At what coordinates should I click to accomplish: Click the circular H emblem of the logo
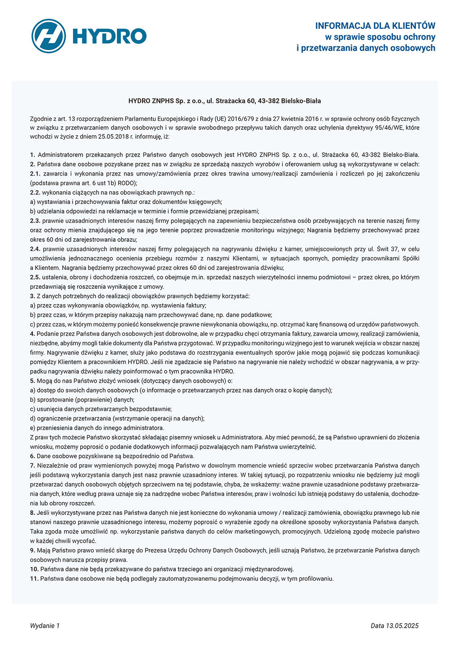tap(49, 36)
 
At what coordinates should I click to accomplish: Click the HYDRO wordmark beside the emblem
tap(110, 36)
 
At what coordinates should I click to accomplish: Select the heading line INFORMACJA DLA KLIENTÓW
tap(375, 26)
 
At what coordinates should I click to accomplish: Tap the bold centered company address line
tap(225, 101)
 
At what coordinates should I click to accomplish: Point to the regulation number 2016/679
tap(241, 119)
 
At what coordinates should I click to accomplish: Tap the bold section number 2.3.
tap(35, 221)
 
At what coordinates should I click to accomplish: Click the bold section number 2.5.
tap(35, 277)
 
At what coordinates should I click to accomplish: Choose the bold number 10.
tap(34, 569)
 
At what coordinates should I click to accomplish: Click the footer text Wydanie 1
tap(45, 626)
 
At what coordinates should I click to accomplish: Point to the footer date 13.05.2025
tap(402, 626)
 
